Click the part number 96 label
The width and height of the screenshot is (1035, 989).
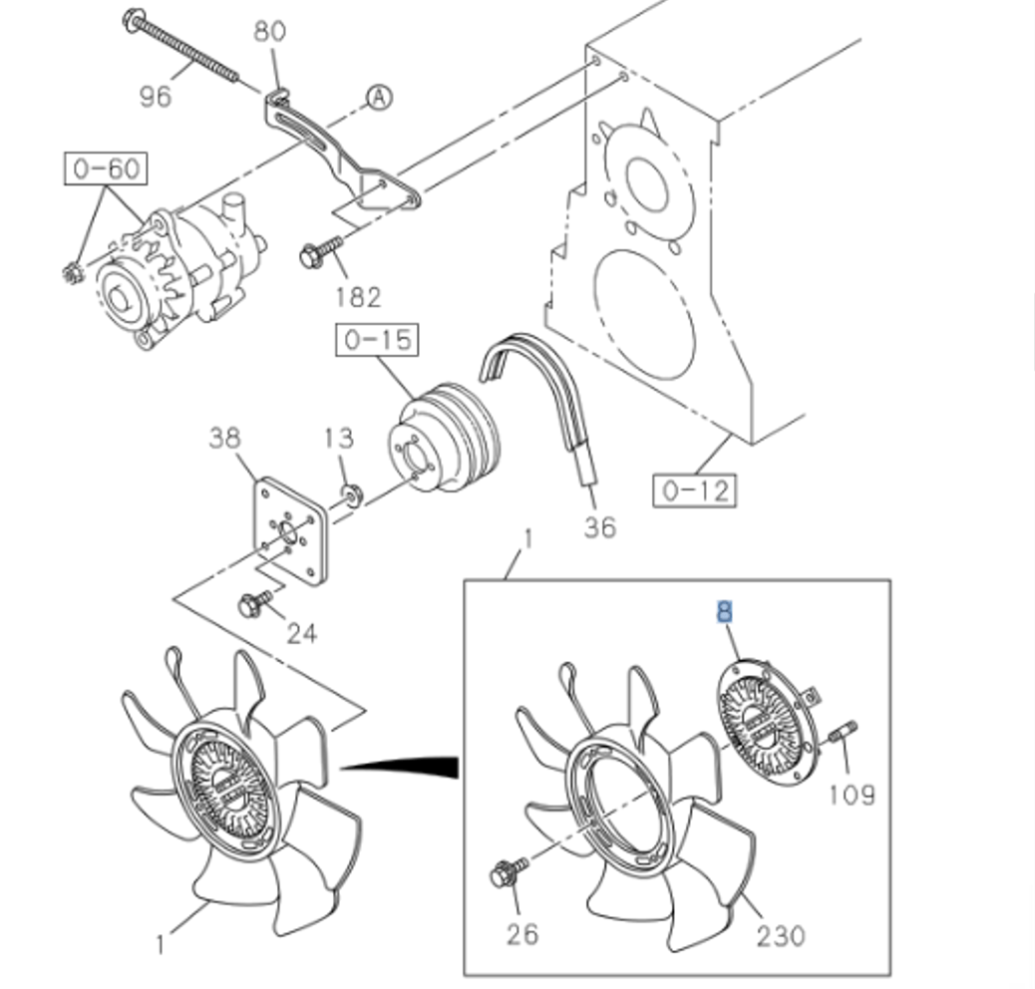(155, 95)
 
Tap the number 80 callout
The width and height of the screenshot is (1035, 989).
(269, 31)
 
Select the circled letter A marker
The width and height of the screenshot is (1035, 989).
(379, 97)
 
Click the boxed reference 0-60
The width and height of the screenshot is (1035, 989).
(106, 167)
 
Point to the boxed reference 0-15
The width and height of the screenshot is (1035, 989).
(376, 340)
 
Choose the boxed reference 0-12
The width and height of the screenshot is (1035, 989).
(696, 490)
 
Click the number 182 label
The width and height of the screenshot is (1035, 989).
(357, 296)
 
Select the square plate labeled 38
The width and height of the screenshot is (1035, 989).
(290, 529)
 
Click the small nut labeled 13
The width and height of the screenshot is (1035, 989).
(350, 491)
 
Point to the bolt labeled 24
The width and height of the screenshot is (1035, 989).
(253, 603)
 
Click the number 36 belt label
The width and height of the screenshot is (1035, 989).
(599, 526)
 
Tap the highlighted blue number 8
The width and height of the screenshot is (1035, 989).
(724, 611)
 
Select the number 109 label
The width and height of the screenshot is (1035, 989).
(852, 795)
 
